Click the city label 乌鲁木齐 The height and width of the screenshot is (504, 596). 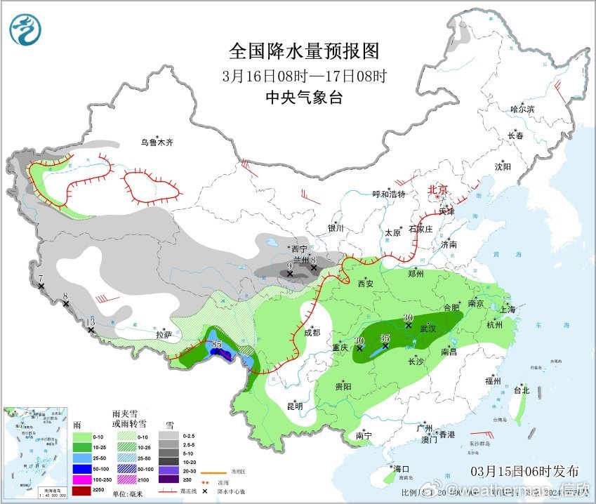click(x=156, y=142)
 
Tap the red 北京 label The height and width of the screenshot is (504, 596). click(x=438, y=190)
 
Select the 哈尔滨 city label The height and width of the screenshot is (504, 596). click(x=522, y=110)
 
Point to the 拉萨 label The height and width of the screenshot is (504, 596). click(x=164, y=335)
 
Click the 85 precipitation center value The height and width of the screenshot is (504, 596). click(x=217, y=344)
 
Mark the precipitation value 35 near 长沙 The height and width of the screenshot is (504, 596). click(x=385, y=338)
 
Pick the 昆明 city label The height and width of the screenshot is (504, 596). click(x=295, y=406)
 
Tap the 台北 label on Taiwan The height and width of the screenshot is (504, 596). click(x=521, y=390)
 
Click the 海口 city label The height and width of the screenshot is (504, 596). click(x=402, y=468)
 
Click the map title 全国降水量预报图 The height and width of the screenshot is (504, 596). click(x=304, y=51)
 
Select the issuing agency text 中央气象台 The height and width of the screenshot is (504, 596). click(x=304, y=98)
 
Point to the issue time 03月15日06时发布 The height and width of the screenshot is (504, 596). click(x=525, y=471)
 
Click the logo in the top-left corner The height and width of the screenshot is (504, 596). click(x=25, y=29)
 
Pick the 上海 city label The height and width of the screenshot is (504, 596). click(x=507, y=310)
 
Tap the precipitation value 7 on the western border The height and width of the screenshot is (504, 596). click(x=41, y=279)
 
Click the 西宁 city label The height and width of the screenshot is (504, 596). click(x=299, y=249)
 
